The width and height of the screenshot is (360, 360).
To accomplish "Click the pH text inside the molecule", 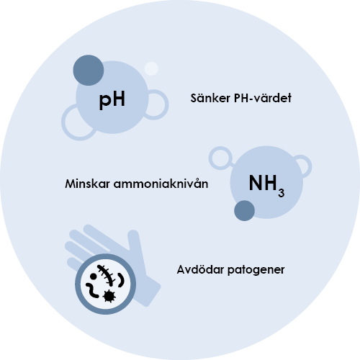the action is click(112, 99).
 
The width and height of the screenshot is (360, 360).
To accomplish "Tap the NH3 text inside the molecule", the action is click(266, 186).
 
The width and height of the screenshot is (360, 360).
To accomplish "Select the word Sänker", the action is click(210, 98).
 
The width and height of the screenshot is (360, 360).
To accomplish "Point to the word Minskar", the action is click(87, 184).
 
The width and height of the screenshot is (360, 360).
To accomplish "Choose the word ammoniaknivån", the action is click(161, 184).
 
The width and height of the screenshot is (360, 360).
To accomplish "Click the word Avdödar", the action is click(200, 270).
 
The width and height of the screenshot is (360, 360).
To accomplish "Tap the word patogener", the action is click(256, 270).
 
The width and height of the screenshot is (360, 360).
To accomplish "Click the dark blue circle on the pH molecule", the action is click(89, 70).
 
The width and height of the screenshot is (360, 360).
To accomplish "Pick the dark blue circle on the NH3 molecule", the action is click(244, 211).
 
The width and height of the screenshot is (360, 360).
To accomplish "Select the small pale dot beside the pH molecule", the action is click(151, 68).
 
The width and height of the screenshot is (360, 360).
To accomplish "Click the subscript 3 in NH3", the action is click(282, 193).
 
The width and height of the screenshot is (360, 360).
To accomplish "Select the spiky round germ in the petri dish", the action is click(109, 296).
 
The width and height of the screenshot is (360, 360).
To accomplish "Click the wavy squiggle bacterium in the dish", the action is click(92, 290).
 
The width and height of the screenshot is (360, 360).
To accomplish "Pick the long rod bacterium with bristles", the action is click(107, 274).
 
